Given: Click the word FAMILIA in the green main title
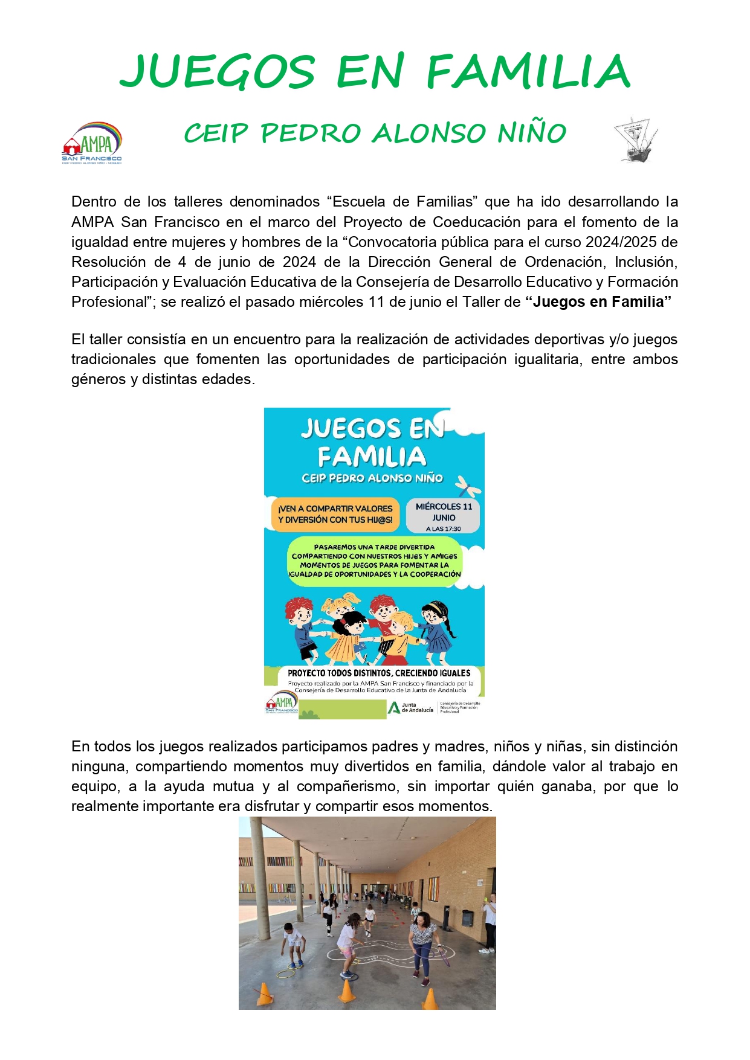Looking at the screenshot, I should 528,72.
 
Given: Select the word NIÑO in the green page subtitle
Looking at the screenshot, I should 532,133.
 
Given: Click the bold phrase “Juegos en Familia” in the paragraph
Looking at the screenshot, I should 598,302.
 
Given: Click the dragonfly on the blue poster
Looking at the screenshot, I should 468,485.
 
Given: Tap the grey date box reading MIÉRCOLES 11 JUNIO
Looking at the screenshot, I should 444,516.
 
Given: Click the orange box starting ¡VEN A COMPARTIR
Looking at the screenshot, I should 335,514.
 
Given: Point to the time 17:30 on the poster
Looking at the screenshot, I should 451,529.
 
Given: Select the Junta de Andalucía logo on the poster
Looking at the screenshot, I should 410,707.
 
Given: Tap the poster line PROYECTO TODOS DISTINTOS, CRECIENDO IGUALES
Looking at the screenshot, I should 379,673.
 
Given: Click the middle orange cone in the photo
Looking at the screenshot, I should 346,990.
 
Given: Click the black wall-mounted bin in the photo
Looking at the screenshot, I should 467,918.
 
